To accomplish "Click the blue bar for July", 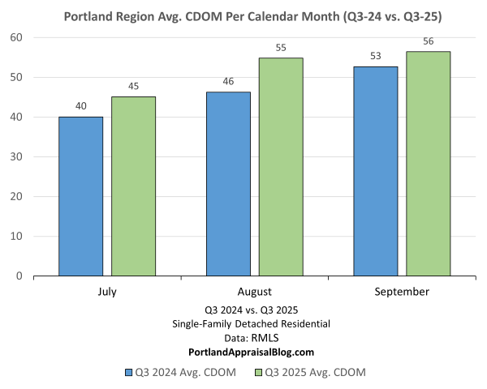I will pyautogui.click(x=80, y=196).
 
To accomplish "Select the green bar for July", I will pyautogui.click(x=133, y=186).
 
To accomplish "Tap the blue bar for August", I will pyautogui.click(x=228, y=184).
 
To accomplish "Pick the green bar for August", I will pyautogui.click(x=281, y=167).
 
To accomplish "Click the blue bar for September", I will pyautogui.click(x=376, y=171).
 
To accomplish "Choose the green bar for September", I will pyautogui.click(x=429, y=164).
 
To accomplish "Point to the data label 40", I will pyautogui.click(x=80, y=106).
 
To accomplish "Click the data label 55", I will pyautogui.click(x=281, y=48).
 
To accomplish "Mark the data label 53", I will pyautogui.click(x=376, y=56).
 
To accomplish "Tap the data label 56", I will pyautogui.click(x=429, y=41).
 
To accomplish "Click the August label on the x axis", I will pyautogui.click(x=255, y=291).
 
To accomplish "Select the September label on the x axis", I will pyautogui.click(x=403, y=291).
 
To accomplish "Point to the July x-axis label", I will pyautogui.click(x=107, y=291).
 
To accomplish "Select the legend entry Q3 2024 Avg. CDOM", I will pyautogui.click(x=179, y=372).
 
